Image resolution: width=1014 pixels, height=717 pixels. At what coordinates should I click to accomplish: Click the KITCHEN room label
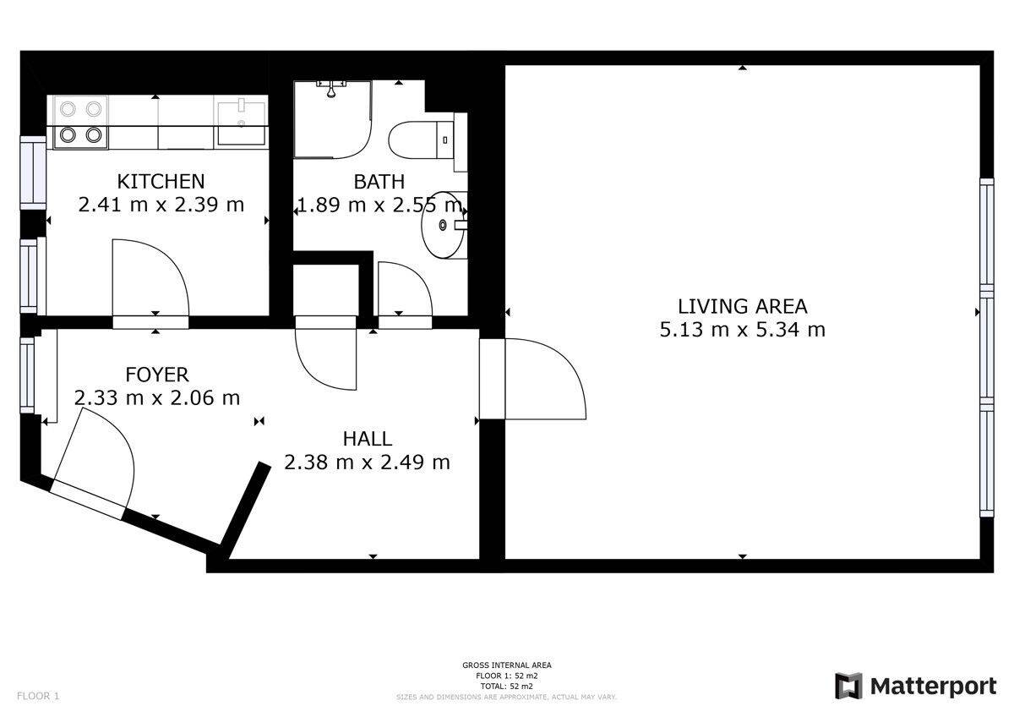pyautogui.click(x=161, y=182)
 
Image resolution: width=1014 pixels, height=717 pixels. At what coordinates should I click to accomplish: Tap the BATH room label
pyautogui.click(x=379, y=182)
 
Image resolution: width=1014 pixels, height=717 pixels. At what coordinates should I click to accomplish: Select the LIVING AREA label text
pyautogui.click(x=743, y=307)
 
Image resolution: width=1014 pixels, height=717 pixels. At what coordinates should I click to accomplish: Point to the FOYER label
pyautogui.click(x=156, y=375)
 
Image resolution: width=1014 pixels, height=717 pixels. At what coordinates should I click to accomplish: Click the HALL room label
pyautogui.click(x=367, y=439)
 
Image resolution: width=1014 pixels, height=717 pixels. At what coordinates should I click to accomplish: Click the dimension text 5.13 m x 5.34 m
pyautogui.click(x=743, y=330)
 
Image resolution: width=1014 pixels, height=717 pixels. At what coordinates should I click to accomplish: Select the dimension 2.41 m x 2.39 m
pyautogui.click(x=161, y=205)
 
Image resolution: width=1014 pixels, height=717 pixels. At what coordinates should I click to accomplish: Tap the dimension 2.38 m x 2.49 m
pyautogui.click(x=367, y=462)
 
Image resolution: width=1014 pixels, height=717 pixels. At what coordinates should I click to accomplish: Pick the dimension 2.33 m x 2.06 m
pyautogui.click(x=156, y=398)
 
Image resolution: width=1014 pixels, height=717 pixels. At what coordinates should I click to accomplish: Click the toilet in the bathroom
pyautogui.click(x=421, y=140)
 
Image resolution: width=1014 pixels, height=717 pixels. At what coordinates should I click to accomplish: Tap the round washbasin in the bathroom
pyautogui.click(x=444, y=225)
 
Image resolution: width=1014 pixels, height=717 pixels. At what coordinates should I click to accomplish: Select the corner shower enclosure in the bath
pyautogui.click(x=333, y=119)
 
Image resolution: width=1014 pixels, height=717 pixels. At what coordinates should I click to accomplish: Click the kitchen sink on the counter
pyautogui.click(x=242, y=123)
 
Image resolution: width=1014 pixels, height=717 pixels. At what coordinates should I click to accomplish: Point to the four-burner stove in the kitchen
pyautogui.click(x=81, y=123)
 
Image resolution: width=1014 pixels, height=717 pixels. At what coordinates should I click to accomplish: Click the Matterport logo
pyautogui.click(x=915, y=686)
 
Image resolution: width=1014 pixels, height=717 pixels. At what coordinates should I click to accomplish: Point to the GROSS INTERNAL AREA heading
pyautogui.click(x=506, y=665)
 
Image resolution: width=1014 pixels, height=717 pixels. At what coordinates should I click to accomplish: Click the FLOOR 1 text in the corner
pyautogui.click(x=38, y=696)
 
